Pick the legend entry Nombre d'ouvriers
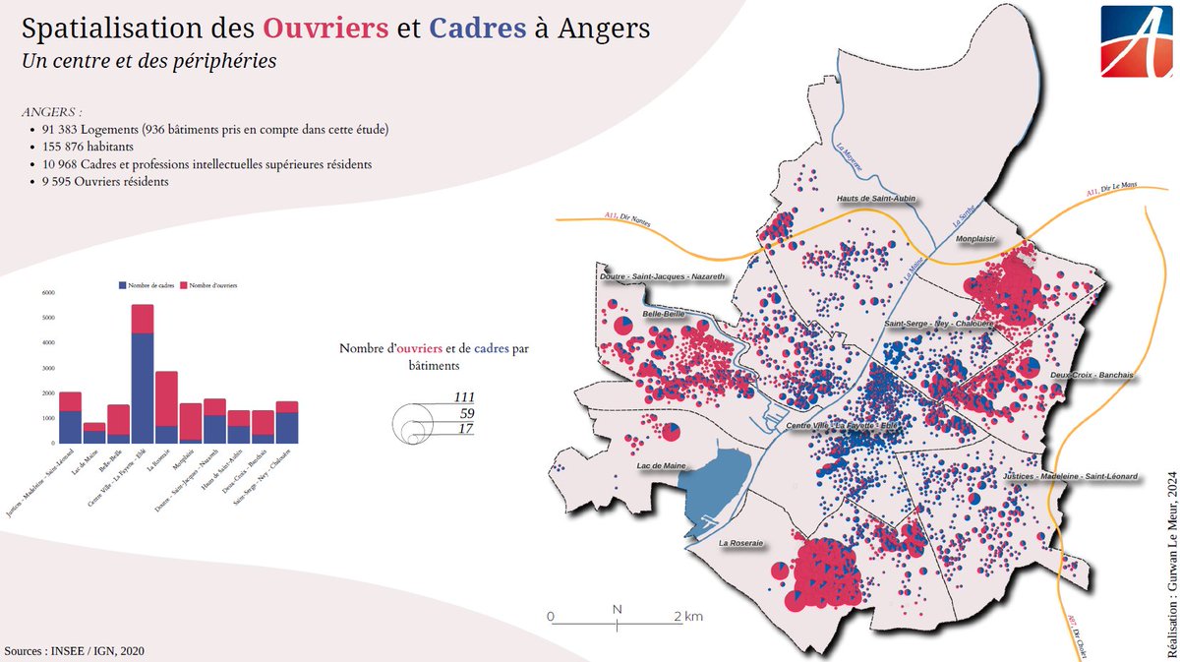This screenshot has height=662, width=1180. (x=212, y=284)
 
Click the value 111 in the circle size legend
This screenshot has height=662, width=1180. (x=464, y=396)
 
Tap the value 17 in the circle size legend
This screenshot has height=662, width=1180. (x=466, y=429)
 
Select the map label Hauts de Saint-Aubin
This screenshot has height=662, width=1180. (x=877, y=199)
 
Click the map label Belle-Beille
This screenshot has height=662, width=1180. (x=664, y=314)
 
